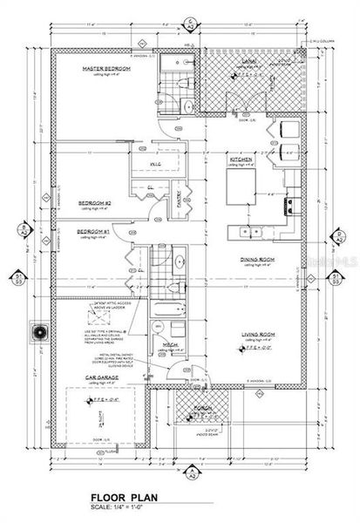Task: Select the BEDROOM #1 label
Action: point(94,230)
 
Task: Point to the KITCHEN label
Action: point(241,161)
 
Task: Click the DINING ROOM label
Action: point(259,259)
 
